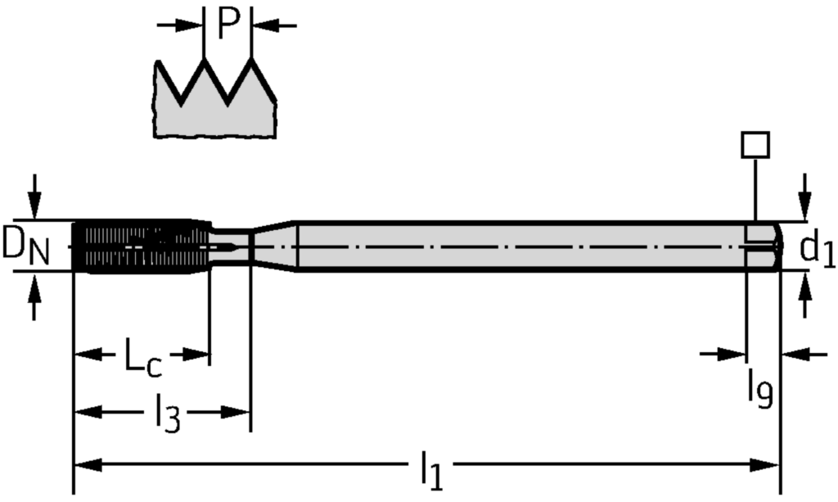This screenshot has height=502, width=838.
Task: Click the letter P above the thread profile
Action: (228, 25)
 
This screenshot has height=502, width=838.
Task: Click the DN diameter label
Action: (25, 246)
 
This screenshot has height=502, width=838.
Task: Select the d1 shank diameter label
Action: (816, 248)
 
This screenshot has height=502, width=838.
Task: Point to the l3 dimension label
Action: (167, 414)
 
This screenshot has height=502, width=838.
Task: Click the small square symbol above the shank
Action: (754, 145)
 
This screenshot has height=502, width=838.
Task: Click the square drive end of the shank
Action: (763, 245)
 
